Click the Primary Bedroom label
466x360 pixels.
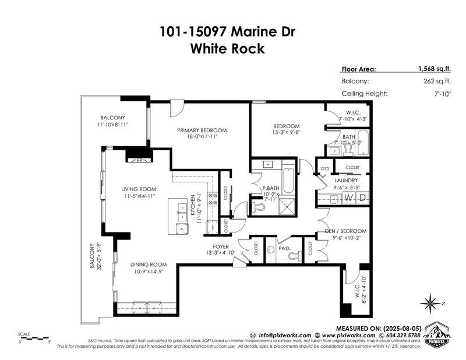[202, 130]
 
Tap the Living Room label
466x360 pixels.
[139, 189]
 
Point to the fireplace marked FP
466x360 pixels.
[139, 160]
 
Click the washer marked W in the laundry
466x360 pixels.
[348, 199]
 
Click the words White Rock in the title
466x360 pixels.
[227, 49]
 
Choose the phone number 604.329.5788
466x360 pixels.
[403, 336]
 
